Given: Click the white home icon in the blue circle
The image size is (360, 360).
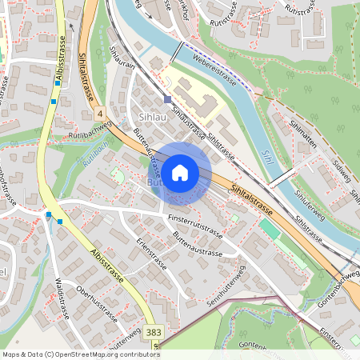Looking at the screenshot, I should (x=180, y=172).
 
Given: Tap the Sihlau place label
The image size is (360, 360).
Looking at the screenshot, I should (x=152, y=117).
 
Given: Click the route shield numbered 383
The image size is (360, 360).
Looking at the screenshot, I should (x=154, y=331).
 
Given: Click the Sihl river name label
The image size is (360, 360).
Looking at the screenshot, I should (x=267, y=158).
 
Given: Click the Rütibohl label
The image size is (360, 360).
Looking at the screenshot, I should (x=94, y=152).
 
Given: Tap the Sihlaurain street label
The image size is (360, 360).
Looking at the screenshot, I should (x=118, y=71).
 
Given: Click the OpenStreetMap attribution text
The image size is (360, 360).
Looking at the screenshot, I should (x=80, y=354).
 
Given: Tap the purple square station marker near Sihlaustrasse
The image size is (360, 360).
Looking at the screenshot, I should (x=167, y=99).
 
